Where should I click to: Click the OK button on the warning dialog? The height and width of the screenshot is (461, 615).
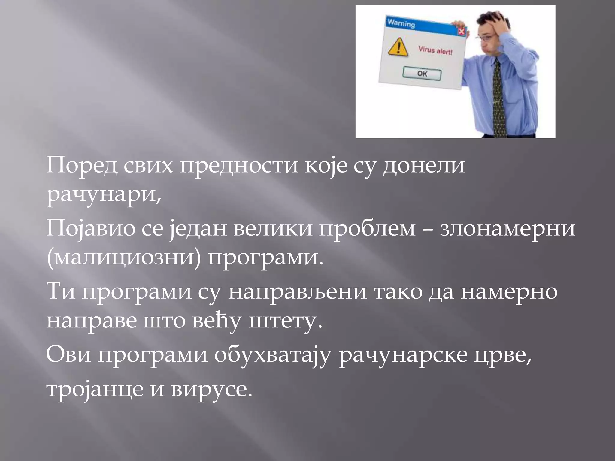click(422, 74)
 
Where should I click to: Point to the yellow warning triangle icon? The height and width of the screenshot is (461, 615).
click(398, 47)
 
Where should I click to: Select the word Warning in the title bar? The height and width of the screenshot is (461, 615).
click(401, 23)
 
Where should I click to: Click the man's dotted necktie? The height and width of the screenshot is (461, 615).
click(498, 99)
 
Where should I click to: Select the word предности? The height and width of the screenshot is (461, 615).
click(239, 166)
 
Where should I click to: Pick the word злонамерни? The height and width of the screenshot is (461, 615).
click(507, 229)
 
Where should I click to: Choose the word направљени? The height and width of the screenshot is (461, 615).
click(297, 292)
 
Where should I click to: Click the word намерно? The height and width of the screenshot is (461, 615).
click(509, 292)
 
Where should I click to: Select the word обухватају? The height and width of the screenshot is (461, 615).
click(273, 355)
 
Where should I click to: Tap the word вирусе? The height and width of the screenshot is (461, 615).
click(211, 389)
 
